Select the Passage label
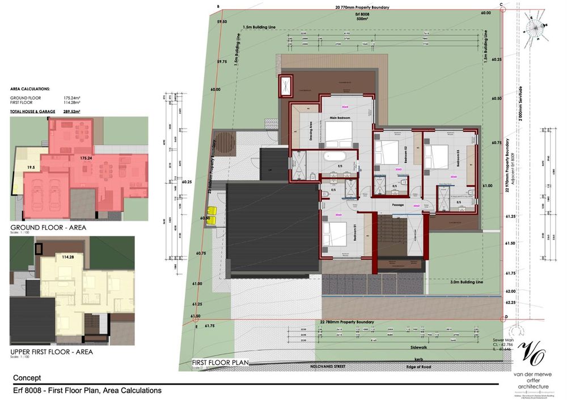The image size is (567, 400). pyautogui.click(x=397, y=205)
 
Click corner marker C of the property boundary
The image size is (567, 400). pyautogui.click(x=501, y=5)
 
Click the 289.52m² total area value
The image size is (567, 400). pyautogui.click(x=71, y=112)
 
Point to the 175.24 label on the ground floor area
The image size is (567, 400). pyautogui.click(x=86, y=158)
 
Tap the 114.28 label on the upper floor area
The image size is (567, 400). pyautogui.click(x=68, y=257)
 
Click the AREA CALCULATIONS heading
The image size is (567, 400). pyautogui.click(x=29, y=90)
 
